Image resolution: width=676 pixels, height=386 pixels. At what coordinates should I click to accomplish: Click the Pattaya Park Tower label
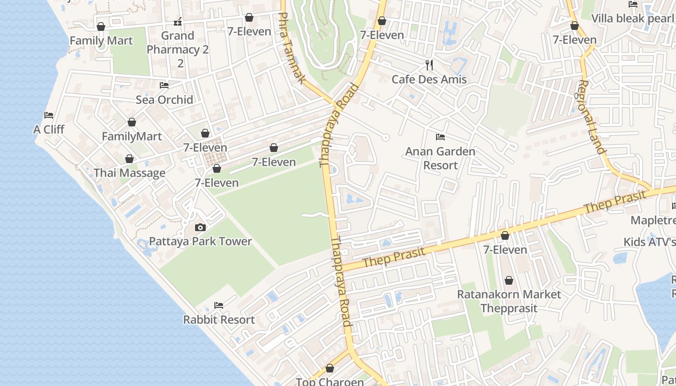[200, 241]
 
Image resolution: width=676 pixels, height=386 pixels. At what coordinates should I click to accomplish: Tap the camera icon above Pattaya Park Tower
[200, 227]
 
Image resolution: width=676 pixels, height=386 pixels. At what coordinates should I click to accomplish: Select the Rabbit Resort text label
[219, 319]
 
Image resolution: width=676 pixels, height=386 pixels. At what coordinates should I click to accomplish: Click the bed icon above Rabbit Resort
[219, 305]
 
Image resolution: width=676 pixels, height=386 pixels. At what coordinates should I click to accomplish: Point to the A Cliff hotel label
[49, 129]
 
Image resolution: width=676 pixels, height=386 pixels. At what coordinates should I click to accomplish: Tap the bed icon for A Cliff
[49, 115]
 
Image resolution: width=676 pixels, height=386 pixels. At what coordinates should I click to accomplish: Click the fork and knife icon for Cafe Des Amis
[429, 65]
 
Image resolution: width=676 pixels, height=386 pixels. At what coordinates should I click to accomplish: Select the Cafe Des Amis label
[429, 79]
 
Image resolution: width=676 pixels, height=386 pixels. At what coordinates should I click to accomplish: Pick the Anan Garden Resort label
[440, 158]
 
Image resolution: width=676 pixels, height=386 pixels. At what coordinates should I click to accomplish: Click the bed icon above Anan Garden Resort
[440, 137]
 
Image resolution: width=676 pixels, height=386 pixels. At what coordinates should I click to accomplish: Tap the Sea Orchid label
[164, 99]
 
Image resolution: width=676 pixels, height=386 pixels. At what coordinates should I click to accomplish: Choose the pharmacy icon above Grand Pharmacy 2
[178, 22]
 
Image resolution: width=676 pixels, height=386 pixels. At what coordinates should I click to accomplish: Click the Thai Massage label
[129, 173]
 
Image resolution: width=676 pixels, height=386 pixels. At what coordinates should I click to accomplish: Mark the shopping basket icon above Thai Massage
[129, 159]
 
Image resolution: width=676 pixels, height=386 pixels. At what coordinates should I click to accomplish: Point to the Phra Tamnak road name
[293, 48]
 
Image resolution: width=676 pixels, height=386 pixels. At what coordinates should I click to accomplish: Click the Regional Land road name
[591, 117]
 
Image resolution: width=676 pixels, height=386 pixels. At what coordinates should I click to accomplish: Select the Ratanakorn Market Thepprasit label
[509, 301]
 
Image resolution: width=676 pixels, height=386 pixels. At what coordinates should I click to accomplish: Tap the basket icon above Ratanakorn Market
[509, 280]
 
